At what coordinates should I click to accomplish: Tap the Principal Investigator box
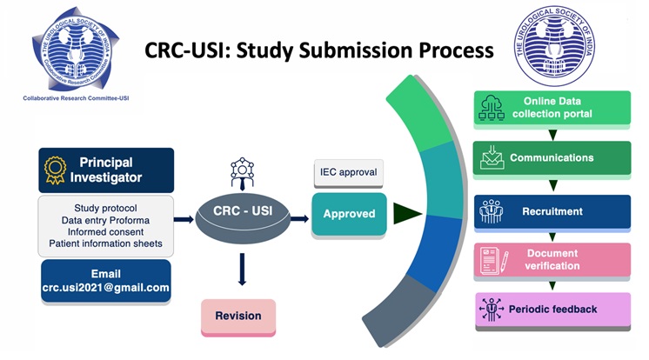point(106,170)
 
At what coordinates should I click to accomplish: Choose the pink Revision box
point(238,317)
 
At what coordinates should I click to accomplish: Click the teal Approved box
point(349,213)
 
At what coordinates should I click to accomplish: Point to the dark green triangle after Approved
point(407,213)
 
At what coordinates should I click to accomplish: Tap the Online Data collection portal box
point(552,107)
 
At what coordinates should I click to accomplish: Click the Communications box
point(552,158)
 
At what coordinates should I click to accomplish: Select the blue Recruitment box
point(552,211)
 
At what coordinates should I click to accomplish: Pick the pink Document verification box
point(552,259)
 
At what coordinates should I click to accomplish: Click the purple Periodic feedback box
point(552,310)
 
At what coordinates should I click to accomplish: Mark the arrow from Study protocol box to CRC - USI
point(184,219)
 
